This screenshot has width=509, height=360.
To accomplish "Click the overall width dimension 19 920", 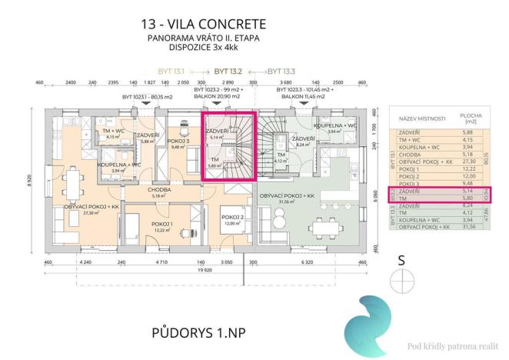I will pyautogui.click(x=204, y=271).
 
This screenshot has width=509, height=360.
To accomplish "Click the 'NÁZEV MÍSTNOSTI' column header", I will pyautogui.click(x=416, y=121).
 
